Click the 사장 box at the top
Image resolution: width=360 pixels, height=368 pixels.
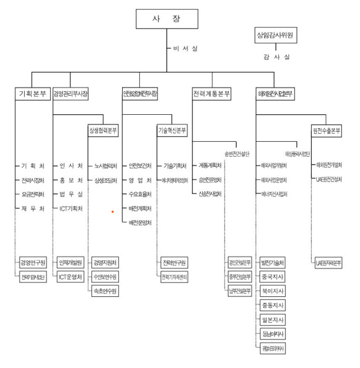(166, 18)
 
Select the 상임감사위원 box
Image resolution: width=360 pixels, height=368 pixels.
(275, 37)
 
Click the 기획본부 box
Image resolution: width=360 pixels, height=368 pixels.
(32, 93)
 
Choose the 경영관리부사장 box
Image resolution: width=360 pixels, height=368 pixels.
(70, 93)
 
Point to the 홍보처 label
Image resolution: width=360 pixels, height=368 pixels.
(71, 180)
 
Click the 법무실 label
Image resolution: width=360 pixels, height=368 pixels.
(71, 194)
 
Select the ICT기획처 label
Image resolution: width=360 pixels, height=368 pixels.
(71, 208)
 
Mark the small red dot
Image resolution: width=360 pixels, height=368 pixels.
(112, 211)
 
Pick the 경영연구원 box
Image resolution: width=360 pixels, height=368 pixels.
(32, 262)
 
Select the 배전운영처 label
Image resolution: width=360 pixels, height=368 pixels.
(140, 222)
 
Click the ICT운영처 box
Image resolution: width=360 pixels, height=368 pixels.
(71, 276)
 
